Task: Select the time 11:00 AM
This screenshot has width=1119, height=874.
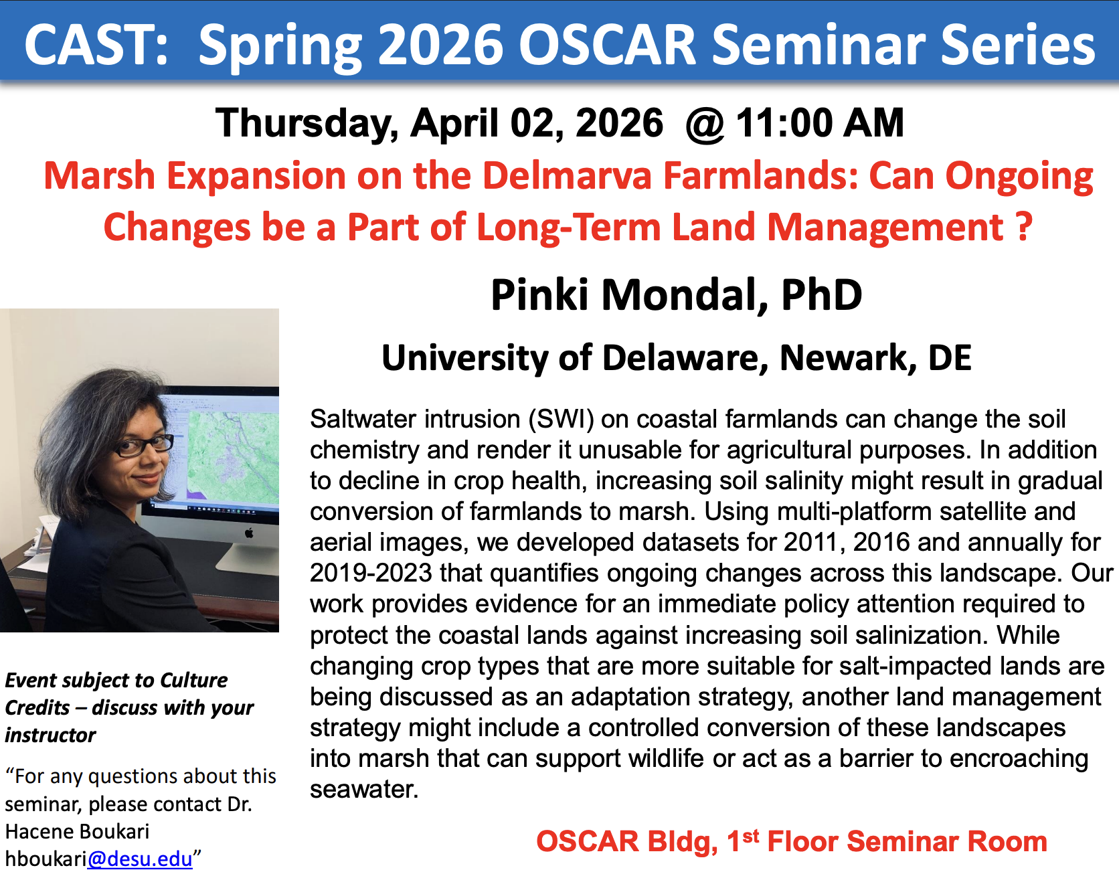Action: [820, 123]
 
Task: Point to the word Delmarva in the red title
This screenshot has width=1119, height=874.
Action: [567, 175]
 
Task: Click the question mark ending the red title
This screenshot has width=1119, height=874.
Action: [1024, 227]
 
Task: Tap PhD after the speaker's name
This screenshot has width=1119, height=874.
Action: [821, 294]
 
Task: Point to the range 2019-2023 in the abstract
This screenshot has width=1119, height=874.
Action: [371, 574]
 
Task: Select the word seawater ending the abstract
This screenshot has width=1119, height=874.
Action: [364, 790]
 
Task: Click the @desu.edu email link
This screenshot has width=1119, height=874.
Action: [140, 859]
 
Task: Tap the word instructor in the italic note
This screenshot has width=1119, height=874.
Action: [50, 735]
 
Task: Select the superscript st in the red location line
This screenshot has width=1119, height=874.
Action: [751, 836]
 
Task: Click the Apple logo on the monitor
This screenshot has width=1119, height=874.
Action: [249, 533]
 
